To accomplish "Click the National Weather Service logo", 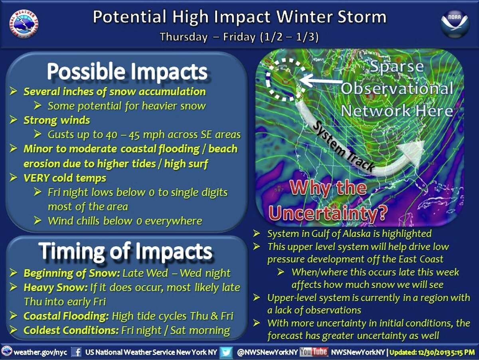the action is coord(24,24).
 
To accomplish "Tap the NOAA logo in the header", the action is coord(455,24).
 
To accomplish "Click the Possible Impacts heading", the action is coord(127,71).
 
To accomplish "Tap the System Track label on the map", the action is coord(343,146).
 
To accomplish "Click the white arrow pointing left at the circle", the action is coord(321,81).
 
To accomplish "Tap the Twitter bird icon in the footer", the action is coord(226,352).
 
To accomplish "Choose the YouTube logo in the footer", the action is coord(314,352).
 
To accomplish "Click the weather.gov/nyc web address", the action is coord(41,352).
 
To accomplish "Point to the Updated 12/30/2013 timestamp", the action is coord(432,352).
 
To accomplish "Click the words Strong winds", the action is coord(57,120).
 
